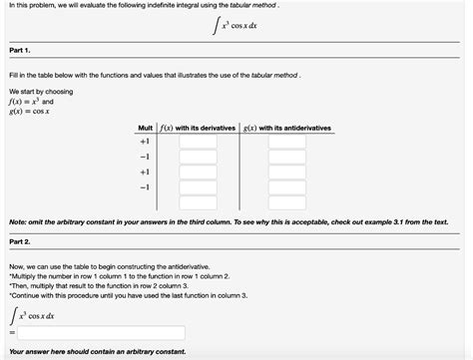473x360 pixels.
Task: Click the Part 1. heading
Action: [x=21, y=50]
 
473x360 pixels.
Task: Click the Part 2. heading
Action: [x=21, y=241]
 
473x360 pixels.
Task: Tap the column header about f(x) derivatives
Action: [x=198, y=129]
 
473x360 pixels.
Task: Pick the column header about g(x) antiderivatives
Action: [x=287, y=129]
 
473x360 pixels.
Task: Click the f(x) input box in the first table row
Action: [x=198, y=143]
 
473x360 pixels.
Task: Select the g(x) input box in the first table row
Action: [x=287, y=143]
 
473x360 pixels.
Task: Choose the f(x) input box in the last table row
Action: [x=198, y=186]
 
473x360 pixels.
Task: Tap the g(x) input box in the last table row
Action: [x=287, y=186]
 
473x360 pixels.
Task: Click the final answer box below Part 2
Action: [x=100, y=332]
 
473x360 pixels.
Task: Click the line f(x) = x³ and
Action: [x=31, y=102]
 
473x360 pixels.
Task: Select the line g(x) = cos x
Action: [x=31, y=111]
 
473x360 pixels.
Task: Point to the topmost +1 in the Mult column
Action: [x=145, y=143]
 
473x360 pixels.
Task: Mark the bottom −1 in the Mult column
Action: [x=145, y=186]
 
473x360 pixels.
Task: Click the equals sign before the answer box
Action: [x=11, y=333]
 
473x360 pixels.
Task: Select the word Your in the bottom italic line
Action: [x=19, y=351]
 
